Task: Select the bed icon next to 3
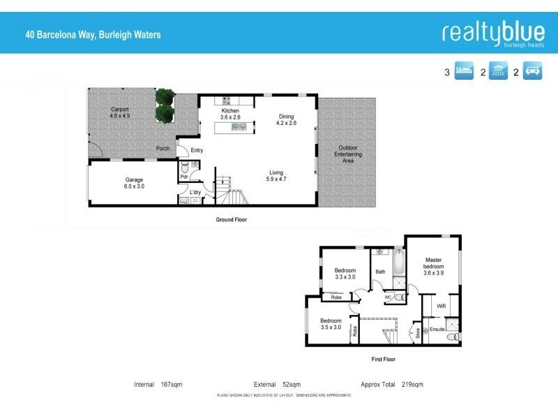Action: [465, 71]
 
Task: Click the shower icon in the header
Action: [499, 71]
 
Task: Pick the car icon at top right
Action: [533, 71]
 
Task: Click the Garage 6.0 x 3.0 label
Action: [134, 183]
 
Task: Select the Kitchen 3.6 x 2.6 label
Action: [231, 115]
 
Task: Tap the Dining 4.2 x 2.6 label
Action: [287, 119]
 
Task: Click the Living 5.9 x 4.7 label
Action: [276, 175]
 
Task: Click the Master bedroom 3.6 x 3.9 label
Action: [433, 266]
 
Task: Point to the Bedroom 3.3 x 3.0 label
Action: [345, 274]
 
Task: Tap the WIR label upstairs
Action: [441, 307]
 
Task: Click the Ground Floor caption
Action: [231, 219]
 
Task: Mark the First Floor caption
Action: [382, 359]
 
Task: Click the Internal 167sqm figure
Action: [158, 385]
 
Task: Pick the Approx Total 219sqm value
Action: [392, 385]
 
